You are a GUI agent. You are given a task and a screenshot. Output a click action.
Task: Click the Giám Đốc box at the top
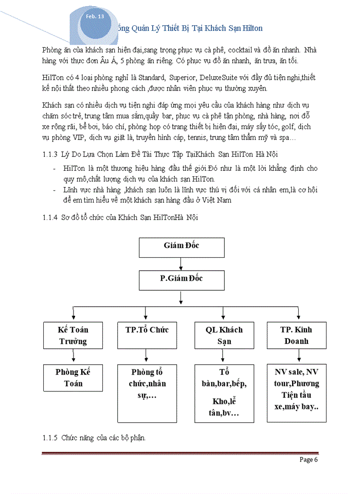click(x=182, y=246)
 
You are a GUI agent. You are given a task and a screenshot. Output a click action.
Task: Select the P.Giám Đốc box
click(x=182, y=279)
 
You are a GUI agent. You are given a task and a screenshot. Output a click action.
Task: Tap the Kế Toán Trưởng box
click(x=73, y=336)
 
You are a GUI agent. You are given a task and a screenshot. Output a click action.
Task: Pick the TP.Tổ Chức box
click(x=147, y=336)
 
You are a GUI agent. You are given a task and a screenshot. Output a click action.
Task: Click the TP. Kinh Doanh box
click(x=296, y=336)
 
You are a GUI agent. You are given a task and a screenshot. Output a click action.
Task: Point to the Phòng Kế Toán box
click(x=73, y=378)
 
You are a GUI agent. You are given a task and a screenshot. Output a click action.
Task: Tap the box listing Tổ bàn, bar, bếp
click(x=224, y=393)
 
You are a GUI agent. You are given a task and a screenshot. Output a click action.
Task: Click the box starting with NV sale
click(x=296, y=393)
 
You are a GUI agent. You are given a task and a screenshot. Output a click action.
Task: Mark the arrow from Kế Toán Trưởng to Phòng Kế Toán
click(x=74, y=356)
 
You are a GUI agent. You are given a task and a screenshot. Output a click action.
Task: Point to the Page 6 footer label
click(x=309, y=460)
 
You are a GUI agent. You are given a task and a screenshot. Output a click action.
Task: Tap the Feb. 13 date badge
click(x=95, y=16)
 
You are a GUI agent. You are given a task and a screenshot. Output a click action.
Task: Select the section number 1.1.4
click(x=49, y=218)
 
